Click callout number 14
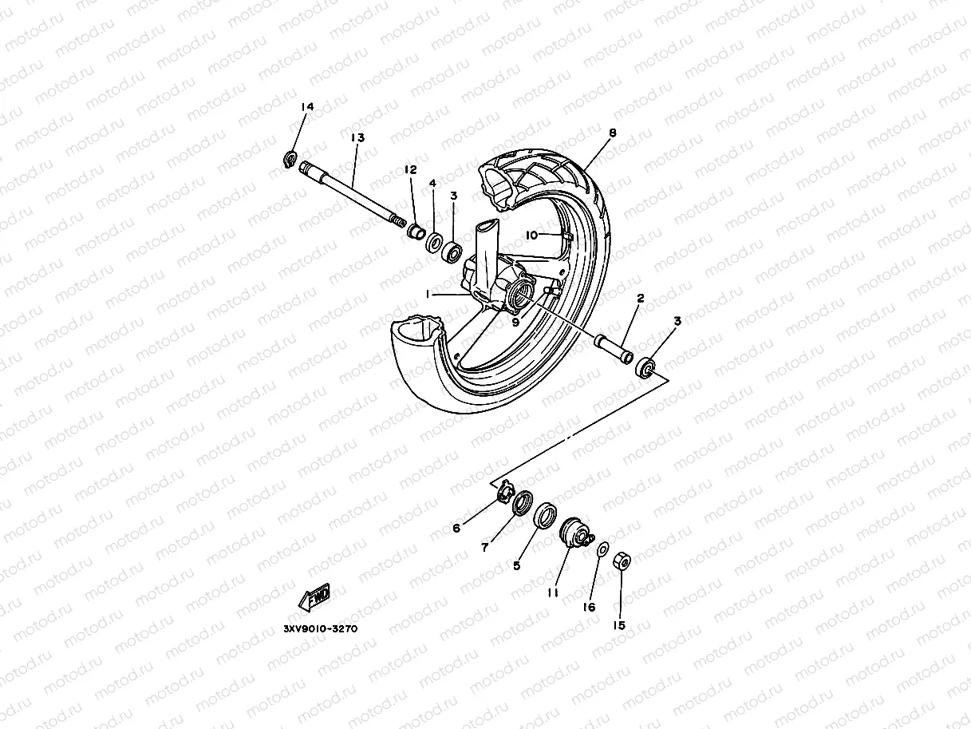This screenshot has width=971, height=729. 307,106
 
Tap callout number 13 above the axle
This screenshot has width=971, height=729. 357,137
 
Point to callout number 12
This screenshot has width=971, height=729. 410,169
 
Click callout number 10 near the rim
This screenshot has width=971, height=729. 533,235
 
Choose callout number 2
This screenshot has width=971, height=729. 640,298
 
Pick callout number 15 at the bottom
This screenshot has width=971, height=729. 619,625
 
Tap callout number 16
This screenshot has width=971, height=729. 589,607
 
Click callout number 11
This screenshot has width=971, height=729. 551,592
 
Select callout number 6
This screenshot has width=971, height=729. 456,528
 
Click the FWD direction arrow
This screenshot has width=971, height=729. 314,596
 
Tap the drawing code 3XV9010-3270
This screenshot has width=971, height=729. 320,628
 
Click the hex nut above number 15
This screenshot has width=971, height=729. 622,562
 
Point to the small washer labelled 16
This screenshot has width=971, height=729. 602,549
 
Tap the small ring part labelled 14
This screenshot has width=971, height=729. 291,160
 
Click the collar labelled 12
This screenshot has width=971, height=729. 415,232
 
